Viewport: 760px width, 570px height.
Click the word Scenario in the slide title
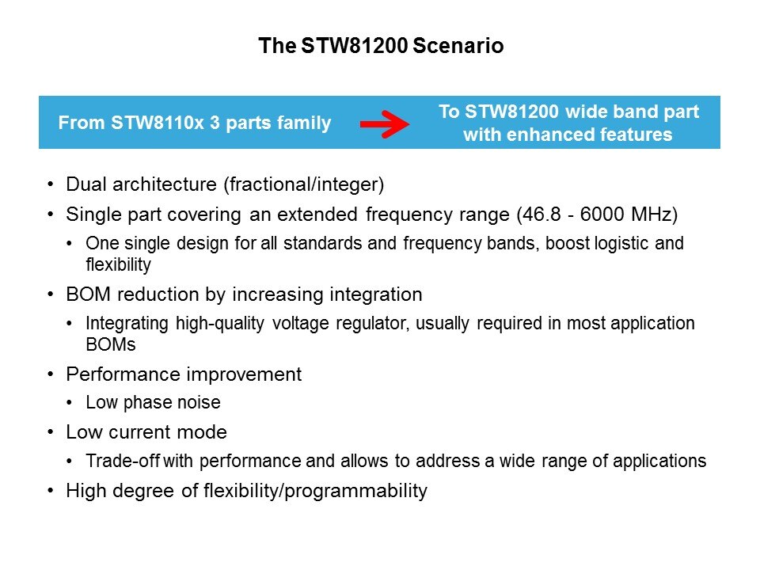(x=458, y=46)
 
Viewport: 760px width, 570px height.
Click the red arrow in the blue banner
(x=385, y=124)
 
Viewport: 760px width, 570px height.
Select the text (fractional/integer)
(x=304, y=184)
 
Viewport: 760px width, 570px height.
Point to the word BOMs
(x=111, y=344)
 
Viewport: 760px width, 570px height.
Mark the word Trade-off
(x=123, y=461)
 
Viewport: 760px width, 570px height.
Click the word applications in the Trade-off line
(x=659, y=461)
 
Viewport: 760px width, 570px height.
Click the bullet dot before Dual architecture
(x=51, y=184)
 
